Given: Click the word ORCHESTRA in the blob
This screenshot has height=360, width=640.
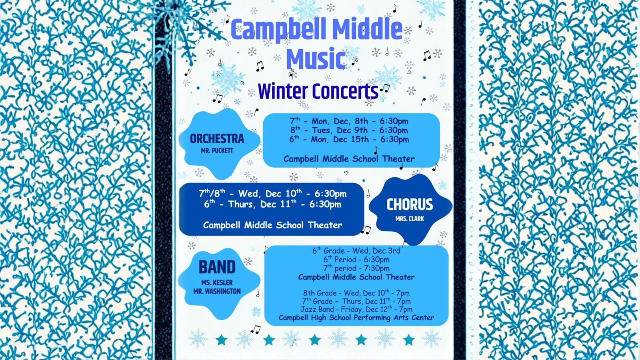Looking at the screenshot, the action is pos(217,139).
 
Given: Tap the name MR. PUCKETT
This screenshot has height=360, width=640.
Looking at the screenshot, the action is pos(217,150).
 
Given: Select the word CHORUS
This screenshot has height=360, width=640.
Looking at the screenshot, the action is pos(410,204).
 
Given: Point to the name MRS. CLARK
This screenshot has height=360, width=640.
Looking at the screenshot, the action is pos(410,218).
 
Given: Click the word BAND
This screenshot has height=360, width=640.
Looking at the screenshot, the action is pos(217,267).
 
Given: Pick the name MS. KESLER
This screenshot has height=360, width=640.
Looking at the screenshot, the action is pos(217,282).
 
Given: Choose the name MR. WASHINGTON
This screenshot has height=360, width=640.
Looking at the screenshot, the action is pos(217,291).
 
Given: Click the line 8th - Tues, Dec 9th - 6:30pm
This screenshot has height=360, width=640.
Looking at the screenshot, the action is pos(349,130).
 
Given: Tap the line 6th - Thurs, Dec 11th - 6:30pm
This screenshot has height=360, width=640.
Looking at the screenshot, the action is pos(272,204).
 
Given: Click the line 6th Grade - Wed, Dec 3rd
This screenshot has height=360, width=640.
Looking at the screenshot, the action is pos(356,250).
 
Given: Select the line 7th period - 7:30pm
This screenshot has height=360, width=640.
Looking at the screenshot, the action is pos(356,268).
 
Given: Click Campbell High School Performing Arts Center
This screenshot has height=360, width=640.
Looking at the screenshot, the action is pos(356,318).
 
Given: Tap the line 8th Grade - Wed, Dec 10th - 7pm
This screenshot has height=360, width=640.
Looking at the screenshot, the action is pos(356,293).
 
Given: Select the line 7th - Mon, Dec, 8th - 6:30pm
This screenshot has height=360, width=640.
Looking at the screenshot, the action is pos(349,121).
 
